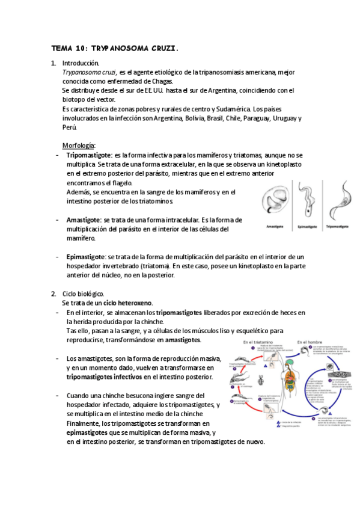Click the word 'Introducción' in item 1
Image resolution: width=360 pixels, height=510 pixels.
[x=81, y=63]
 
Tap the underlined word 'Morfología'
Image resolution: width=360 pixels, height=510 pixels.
[x=79, y=146]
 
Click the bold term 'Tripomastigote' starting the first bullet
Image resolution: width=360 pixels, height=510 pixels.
[x=89, y=155]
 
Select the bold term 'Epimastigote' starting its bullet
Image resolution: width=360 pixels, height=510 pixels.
[x=85, y=257]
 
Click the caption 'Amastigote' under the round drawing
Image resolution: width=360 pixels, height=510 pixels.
[x=277, y=227]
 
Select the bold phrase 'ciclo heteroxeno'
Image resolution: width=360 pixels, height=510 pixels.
[x=127, y=303]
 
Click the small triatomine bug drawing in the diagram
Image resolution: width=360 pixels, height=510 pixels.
[x=259, y=381]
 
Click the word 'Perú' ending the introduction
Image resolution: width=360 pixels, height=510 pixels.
[x=70, y=127]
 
